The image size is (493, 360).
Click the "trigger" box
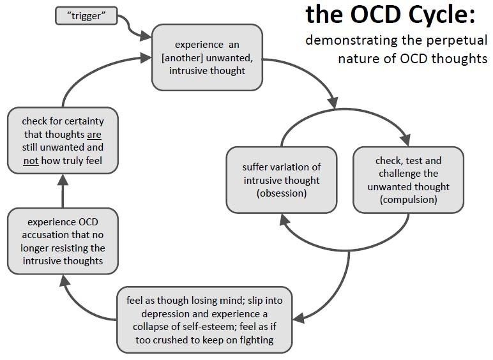[x=86, y=16]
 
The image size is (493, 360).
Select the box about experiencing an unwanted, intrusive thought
[x=207, y=57]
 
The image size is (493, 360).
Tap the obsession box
[x=282, y=180]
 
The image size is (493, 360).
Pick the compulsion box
[x=409, y=180]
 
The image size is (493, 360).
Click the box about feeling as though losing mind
[x=205, y=320]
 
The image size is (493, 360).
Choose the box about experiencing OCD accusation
[x=63, y=241]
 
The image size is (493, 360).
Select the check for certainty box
[x=63, y=140]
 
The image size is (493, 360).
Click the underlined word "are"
[x=94, y=135]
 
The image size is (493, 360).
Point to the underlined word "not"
[x=31, y=161]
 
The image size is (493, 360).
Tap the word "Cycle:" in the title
[x=442, y=14]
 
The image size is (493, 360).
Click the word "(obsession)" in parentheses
[x=282, y=193]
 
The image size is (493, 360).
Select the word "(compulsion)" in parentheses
[x=409, y=200]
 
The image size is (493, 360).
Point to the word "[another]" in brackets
[x=182, y=58]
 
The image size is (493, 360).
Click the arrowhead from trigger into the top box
[x=146, y=36]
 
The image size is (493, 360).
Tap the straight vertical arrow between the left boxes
[x=63, y=191]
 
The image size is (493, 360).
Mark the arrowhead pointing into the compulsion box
[x=406, y=140]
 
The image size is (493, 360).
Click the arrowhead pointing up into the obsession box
[x=284, y=220]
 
